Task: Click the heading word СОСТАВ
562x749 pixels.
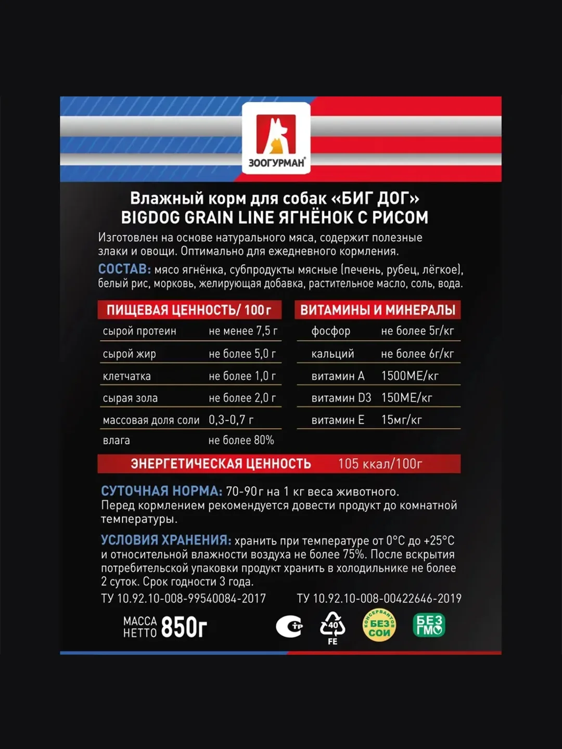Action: (124, 269)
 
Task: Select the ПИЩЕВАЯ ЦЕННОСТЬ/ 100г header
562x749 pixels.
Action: (189, 310)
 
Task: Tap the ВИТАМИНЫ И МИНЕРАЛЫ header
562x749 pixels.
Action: (378, 310)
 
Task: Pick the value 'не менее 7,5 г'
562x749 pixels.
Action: (243, 331)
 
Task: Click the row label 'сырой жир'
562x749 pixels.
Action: (129, 354)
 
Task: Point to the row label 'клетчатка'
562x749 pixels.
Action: (126, 376)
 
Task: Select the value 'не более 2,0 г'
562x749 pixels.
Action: (242, 398)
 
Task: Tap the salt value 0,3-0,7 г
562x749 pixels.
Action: (231, 420)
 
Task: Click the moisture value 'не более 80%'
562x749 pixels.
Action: (241, 441)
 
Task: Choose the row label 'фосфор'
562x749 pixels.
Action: (330, 331)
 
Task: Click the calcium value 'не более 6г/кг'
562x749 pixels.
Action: (417, 354)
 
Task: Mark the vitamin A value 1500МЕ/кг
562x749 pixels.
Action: (410, 376)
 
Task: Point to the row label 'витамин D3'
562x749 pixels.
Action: (341, 398)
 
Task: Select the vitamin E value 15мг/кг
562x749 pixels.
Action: (401, 420)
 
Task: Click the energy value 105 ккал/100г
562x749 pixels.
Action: (380, 464)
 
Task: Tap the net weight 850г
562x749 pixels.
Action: (184, 627)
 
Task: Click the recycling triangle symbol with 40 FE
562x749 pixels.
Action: (333, 627)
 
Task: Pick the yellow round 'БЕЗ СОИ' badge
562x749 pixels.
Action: (379, 626)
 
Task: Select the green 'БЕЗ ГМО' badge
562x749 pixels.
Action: (429, 625)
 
